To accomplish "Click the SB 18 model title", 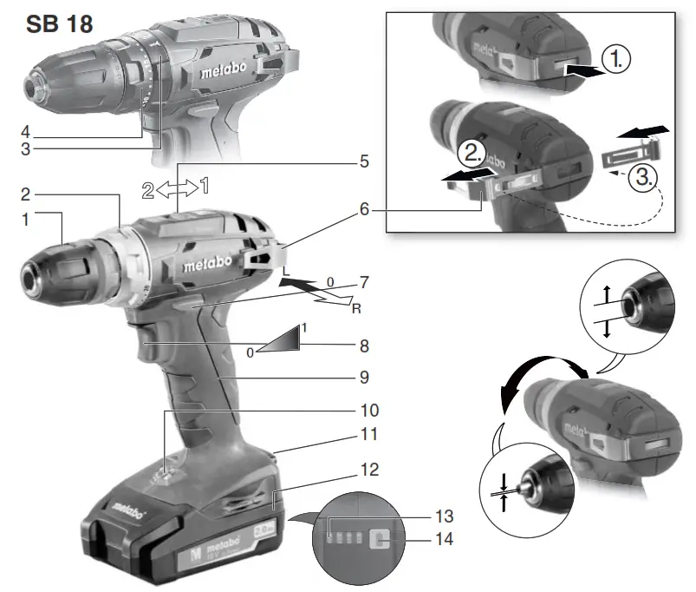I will pyautogui.click(x=59, y=23).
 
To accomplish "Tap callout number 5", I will pyautogui.click(x=365, y=161).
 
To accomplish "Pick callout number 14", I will pyautogui.click(x=445, y=539).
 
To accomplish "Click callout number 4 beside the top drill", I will pyautogui.click(x=25, y=133).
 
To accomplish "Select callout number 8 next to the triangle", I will pyautogui.click(x=365, y=345).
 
